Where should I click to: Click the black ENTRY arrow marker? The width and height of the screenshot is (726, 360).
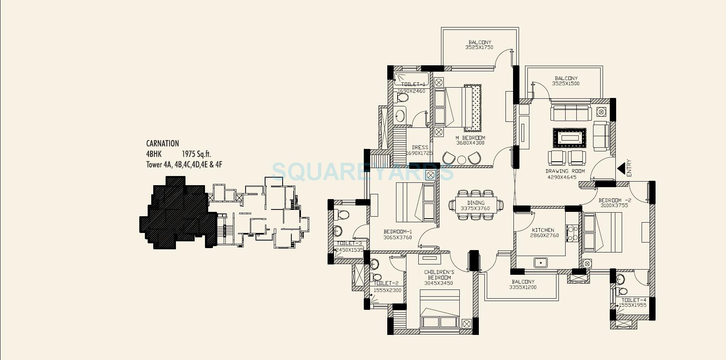click(x=621, y=169)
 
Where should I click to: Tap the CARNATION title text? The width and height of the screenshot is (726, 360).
click(x=162, y=143)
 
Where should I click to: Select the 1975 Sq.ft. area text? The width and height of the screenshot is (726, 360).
click(x=197, y=154)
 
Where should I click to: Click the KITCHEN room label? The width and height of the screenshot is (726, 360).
click(x=543, y=230)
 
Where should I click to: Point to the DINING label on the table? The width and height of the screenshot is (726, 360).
click(x=476, y=203)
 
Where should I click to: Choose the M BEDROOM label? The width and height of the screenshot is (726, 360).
click(x=470, y=138)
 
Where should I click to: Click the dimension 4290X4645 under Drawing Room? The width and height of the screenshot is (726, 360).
click(x=562, y=177)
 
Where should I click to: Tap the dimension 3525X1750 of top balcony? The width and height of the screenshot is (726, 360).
click(x=479, y=47)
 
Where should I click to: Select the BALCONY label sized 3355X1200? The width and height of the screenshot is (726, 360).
click(x=523, y=282)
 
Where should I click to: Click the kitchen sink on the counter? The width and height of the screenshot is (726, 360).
click(x=540, y=263)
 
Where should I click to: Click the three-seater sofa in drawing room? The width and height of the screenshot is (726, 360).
click(x=571, y=113)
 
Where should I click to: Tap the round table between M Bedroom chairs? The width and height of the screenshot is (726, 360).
click(x=461, y=160)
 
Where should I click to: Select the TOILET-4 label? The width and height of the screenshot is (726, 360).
click(x=634, y=300)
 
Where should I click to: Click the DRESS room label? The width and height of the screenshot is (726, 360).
click(x=420, y=147)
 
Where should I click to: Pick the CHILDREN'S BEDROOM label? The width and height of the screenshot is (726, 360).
click(x=439, y=275)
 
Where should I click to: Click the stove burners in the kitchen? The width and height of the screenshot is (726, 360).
click(x=572, y=233)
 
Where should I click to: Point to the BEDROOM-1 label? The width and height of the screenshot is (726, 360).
click(x=398, y=232)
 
